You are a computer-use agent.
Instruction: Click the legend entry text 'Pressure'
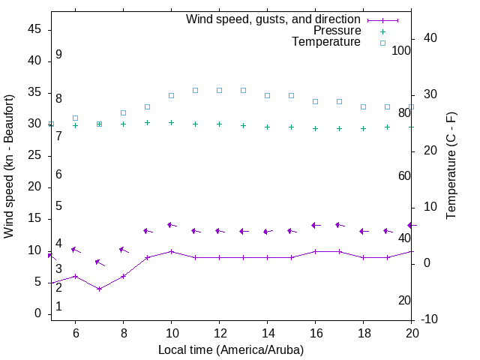pyautogui.click(x=337, y=31)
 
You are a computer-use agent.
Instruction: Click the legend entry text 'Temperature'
pyautogui.click(x=326, y=42)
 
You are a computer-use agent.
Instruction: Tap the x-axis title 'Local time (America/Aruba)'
pyautogui.click(x=231, y=349)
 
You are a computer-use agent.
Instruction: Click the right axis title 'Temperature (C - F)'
pyautogui.click(x=451, y=166)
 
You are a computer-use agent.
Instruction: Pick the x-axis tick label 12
pyautogui.click(x=219, y=332)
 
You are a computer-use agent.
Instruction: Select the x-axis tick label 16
pyautogui.click(x=316, y=332)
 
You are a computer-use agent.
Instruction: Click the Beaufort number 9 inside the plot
pyautogui.click(x=58, y=55)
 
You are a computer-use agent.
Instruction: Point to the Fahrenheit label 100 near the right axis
pyautogui.click(x=402, y=50)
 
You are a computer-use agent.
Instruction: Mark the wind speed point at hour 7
pyautogui.click(x=99, y=289)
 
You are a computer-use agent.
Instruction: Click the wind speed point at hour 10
pyautogui.click(x=171, y=251)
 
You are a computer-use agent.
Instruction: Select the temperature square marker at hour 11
pyautogui.click(x=195, y=90)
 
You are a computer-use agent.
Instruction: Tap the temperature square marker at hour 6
pyautogui.click(x=75, y=118)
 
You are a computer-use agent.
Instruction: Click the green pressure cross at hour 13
pyautogui.click(x=243, y=125)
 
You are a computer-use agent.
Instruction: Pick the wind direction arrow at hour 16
pyautogui.click(x=316, y=225)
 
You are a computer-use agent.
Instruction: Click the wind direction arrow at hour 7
pyautogui.click(x=100, y=262)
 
